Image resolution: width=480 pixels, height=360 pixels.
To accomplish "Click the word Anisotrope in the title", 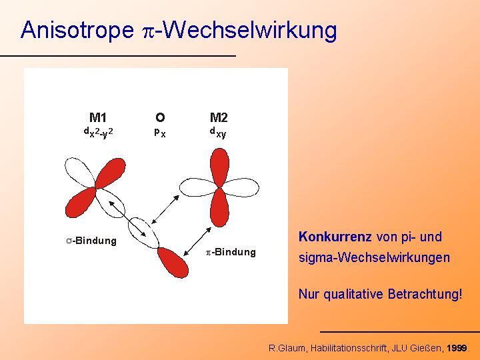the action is click(x=77, y=30).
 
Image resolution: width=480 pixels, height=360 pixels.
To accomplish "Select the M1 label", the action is click(x=98, y=117).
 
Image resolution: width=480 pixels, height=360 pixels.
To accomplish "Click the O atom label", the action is click(x=160, y=117).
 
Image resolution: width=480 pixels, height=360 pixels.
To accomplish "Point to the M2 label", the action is click(x=219, y=117).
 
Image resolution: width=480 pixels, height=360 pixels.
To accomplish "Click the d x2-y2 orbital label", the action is click(x=98, y=133).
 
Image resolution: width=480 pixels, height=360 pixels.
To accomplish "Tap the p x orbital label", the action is click(x=160, y=132).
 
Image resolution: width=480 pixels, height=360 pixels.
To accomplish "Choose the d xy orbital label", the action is click(x=217, y=133).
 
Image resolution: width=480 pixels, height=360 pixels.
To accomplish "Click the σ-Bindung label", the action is click(x=91, y=241).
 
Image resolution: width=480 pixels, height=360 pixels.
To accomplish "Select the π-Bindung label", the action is click(x=231, y=252).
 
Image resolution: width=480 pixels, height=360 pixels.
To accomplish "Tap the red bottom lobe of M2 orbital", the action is click(x=219, y=208).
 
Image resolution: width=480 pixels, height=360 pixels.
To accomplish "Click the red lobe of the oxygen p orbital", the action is click(x=173, y=263).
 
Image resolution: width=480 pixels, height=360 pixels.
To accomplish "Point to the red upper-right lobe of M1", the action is click(x=111, y=173).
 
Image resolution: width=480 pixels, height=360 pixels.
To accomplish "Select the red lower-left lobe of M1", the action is click(x=81, y=203).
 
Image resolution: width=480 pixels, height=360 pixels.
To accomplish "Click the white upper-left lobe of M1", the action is click(x=79, y=173).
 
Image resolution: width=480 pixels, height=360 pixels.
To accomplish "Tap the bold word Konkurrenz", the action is click(x=335, y=237).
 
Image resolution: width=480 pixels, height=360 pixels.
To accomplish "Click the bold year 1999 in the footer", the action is click(x=457, y=348).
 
